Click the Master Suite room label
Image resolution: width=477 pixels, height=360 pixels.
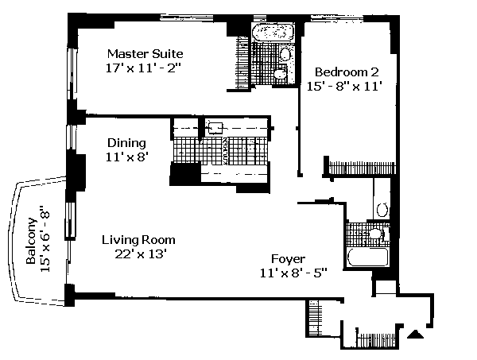145,54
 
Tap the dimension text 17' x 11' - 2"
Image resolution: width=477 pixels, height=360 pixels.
143,68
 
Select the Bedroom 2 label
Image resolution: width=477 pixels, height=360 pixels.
347,72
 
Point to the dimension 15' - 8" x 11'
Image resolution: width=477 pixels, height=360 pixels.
344,86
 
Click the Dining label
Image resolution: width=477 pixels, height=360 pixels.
126,143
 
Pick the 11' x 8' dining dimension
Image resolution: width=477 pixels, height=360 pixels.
127,157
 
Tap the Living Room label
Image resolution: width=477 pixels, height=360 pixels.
138,240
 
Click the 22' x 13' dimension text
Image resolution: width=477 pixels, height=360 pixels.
140,254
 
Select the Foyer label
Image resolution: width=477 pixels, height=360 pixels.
288,259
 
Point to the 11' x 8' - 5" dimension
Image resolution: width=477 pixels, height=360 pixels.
293,273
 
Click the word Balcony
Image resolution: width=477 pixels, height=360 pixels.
31,241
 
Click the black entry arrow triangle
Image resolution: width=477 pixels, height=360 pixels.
415,334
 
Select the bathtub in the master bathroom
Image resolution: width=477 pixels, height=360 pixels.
273,33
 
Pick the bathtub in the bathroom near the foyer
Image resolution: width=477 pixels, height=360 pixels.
368,257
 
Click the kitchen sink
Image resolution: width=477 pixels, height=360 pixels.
215,128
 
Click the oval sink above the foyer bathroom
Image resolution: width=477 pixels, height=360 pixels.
382,210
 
